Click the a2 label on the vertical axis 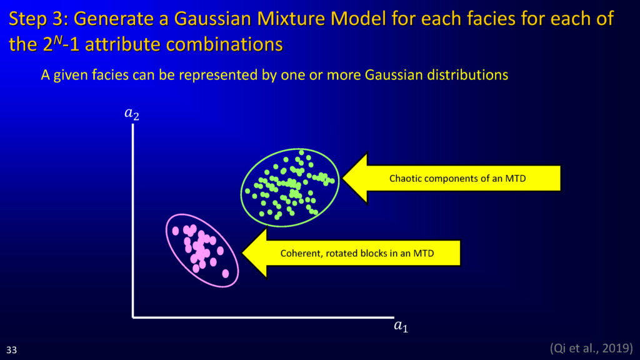[x=131, y=114]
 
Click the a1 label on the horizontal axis [x=401, y=326]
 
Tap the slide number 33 [x=11, y=350]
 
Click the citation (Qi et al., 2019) [x=591, y=348]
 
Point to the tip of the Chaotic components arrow [x=342, y=178]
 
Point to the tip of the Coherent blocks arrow [x=242, y=253]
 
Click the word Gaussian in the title [x=212, y=19]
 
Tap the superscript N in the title [x=58, y=39]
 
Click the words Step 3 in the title [x=38, y=19]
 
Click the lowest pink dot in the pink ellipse [x=225, y=274]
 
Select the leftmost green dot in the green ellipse [x=247, y=191]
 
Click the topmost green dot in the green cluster [x=301, y=152]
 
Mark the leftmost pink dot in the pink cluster [x=176, y=231]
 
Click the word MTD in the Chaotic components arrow [x=516, y=178]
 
